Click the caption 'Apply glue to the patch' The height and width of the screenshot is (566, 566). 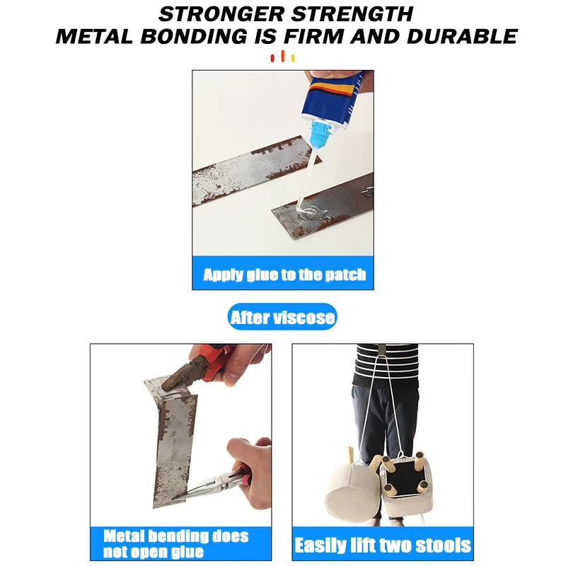click(284, 275)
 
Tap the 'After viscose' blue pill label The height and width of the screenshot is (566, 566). click(282, 318)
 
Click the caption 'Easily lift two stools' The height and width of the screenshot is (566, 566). click(382, 545)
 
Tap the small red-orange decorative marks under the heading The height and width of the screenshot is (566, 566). click(283, 57)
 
